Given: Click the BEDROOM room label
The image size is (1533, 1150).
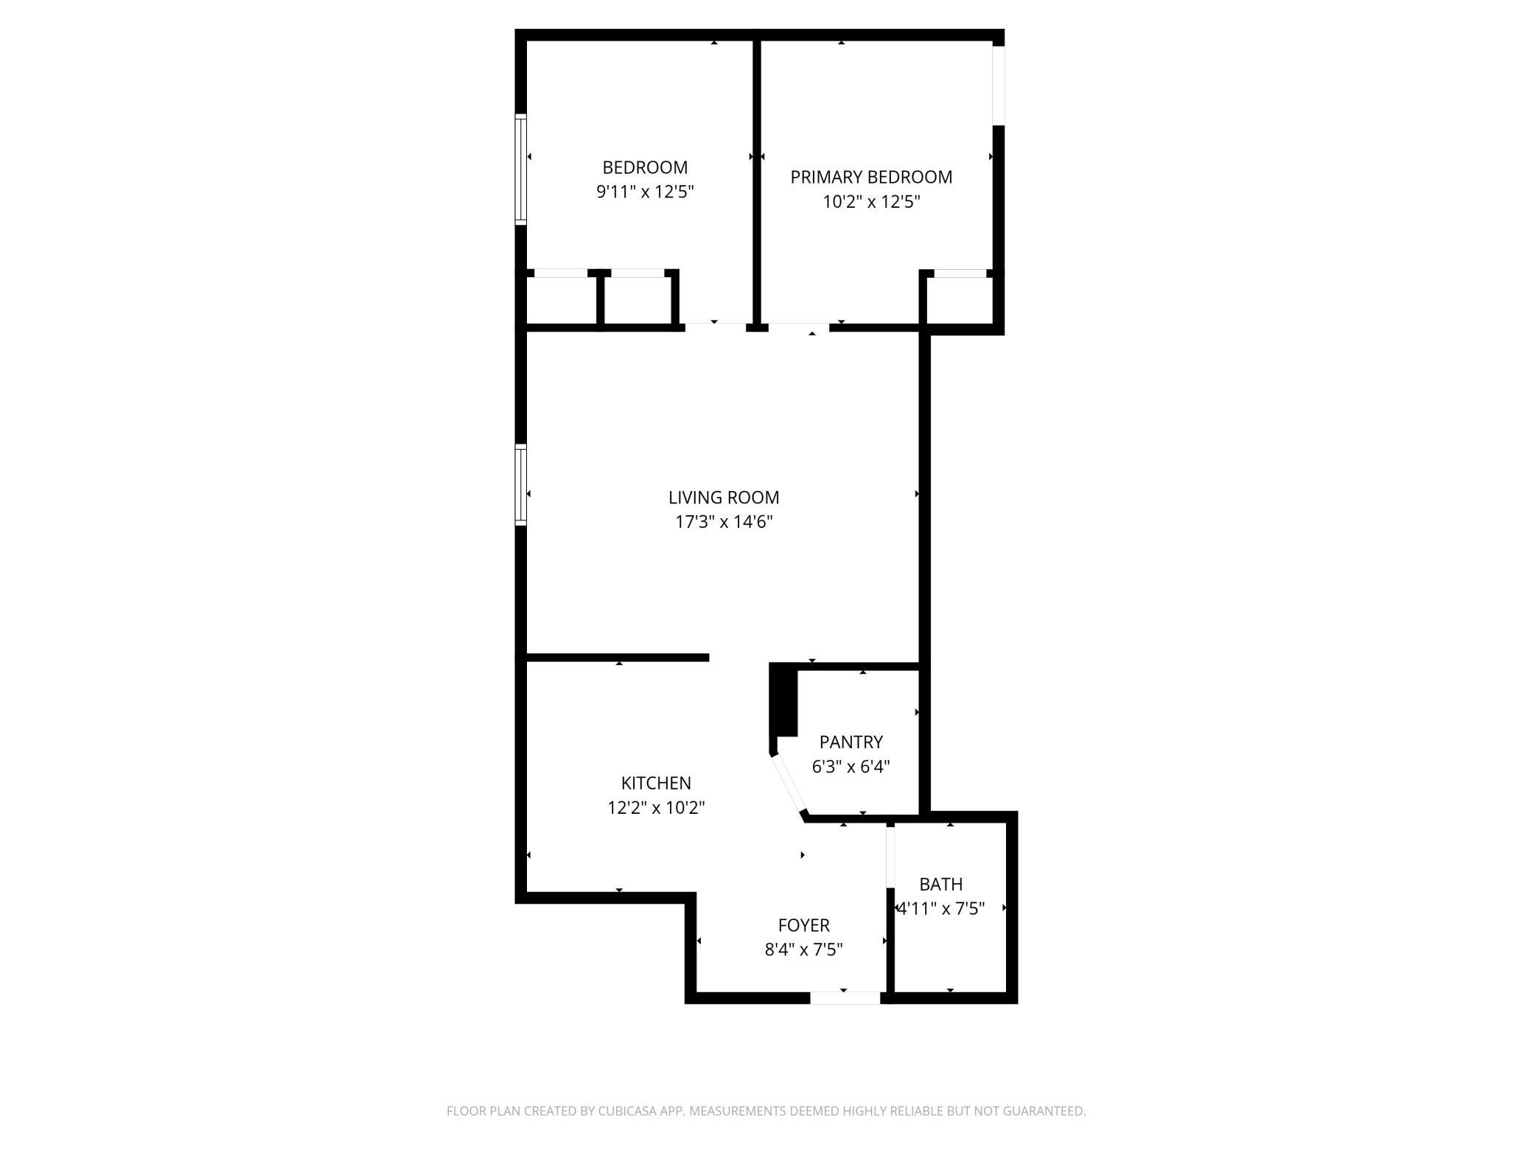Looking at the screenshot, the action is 645,167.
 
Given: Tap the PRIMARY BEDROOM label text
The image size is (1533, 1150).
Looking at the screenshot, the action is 871,177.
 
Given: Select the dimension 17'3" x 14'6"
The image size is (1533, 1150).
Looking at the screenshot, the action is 724,522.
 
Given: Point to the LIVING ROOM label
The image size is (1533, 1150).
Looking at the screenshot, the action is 724,498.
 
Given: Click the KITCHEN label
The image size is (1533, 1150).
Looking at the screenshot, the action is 656,783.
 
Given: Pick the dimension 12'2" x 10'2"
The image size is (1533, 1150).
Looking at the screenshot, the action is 656,807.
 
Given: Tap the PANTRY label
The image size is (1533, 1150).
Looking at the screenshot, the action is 851,742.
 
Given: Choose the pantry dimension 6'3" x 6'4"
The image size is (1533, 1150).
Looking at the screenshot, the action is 851,766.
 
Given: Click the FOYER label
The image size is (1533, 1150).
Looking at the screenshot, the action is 804,925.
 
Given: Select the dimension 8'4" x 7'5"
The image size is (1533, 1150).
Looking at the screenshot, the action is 804,949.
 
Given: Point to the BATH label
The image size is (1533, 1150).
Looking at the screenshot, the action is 941,884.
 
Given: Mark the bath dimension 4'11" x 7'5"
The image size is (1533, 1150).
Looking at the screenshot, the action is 941,908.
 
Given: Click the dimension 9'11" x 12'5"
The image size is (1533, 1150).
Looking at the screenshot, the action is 645,192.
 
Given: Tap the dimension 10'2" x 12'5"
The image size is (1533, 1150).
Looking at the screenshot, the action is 871,201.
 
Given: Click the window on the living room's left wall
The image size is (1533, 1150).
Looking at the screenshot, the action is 521,485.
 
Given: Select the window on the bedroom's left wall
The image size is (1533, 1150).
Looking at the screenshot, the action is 521,169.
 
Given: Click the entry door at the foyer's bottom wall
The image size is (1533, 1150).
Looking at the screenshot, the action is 845,998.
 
